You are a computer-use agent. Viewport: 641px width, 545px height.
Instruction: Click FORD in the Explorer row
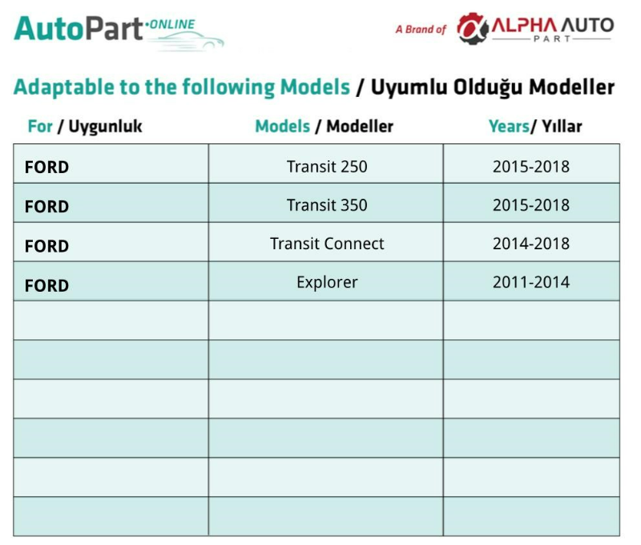[x=46, y=286]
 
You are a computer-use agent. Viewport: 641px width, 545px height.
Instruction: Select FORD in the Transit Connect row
[x=46, y=247]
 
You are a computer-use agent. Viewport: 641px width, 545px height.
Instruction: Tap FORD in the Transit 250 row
[x=46, y=168]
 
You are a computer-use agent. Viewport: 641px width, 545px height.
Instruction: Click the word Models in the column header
[x=283, y=127]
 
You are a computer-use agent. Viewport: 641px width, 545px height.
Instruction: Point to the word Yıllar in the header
[x=562, y=127]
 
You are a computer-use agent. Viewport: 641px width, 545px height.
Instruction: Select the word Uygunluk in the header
[x=105, y=127]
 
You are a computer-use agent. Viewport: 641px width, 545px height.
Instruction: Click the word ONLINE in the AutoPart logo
[x=172, y=25]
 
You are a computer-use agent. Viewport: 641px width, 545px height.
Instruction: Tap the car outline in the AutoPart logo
[x=186, y=42]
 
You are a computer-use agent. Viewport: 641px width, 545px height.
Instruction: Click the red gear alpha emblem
[x=472, y=28]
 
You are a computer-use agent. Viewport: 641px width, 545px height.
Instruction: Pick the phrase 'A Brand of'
[x=421, y=30]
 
